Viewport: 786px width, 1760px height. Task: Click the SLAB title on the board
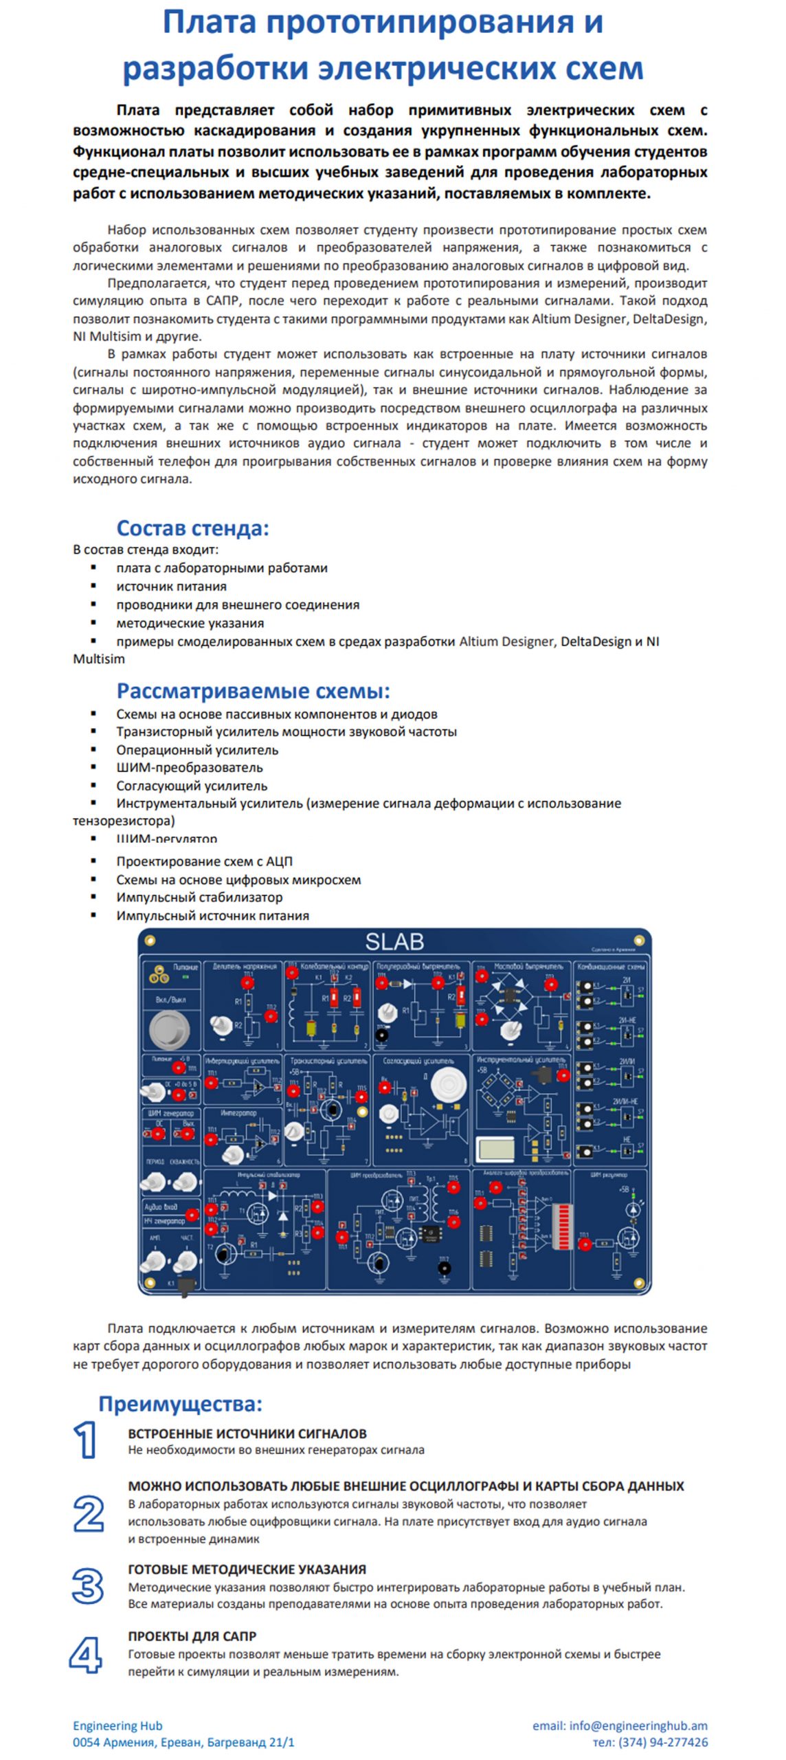(394, 941)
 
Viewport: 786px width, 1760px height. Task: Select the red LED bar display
(562, 1226)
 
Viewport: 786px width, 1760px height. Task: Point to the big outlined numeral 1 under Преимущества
(85, 1440)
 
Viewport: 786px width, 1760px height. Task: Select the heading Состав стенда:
(192, 528)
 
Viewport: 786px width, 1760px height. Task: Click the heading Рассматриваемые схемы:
(253, 690)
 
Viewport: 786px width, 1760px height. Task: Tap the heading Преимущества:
(180, 1403)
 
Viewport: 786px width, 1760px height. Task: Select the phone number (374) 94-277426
(663, 1742)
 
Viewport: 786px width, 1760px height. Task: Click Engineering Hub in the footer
(117, 1726)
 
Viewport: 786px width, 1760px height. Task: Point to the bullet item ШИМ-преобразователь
(189, 767)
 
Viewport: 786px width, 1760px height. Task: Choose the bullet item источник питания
(171, 586)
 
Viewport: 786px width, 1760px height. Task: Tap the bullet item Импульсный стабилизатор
(199, 897)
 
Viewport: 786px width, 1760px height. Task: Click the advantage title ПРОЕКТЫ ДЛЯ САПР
(192, 1636)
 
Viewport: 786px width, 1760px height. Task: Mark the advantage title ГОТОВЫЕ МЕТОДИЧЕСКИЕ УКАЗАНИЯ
(247, 1570)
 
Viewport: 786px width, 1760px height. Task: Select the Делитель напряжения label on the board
(245, 966)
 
